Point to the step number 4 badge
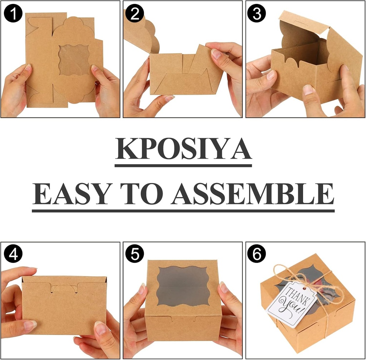pos(13,254)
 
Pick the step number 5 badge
pos(135,254)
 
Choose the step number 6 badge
pos(257,254)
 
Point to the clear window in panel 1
pos(74,60)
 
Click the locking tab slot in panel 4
pos(65,287)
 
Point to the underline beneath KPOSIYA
pos(183,166)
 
